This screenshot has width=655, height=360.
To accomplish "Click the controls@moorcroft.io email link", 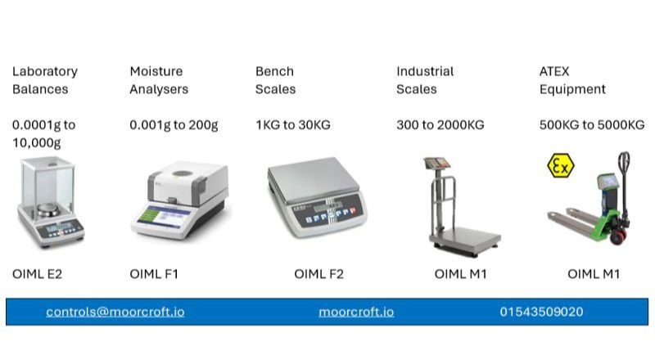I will coord(115,312).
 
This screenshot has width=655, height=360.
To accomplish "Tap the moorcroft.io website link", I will coord(356,312).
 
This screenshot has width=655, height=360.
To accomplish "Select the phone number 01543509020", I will coord(541,312).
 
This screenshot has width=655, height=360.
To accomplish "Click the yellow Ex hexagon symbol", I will coord(560,166).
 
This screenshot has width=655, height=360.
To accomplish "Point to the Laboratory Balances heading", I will coord(45,80).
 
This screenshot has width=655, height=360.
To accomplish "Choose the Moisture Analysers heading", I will coord(159,80).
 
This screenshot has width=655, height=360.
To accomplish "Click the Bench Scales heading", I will coord(275,80).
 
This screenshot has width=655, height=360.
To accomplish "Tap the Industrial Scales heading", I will coord(425,80).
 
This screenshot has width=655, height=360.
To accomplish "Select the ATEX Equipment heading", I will coord(572,80).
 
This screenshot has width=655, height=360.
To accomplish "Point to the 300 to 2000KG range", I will coord(440,125).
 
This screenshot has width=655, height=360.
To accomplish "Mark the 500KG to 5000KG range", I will coord(592,125).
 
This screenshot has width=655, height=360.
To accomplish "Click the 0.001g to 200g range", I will coord(174,125).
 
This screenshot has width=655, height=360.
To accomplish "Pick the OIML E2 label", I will coord(37,274).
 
